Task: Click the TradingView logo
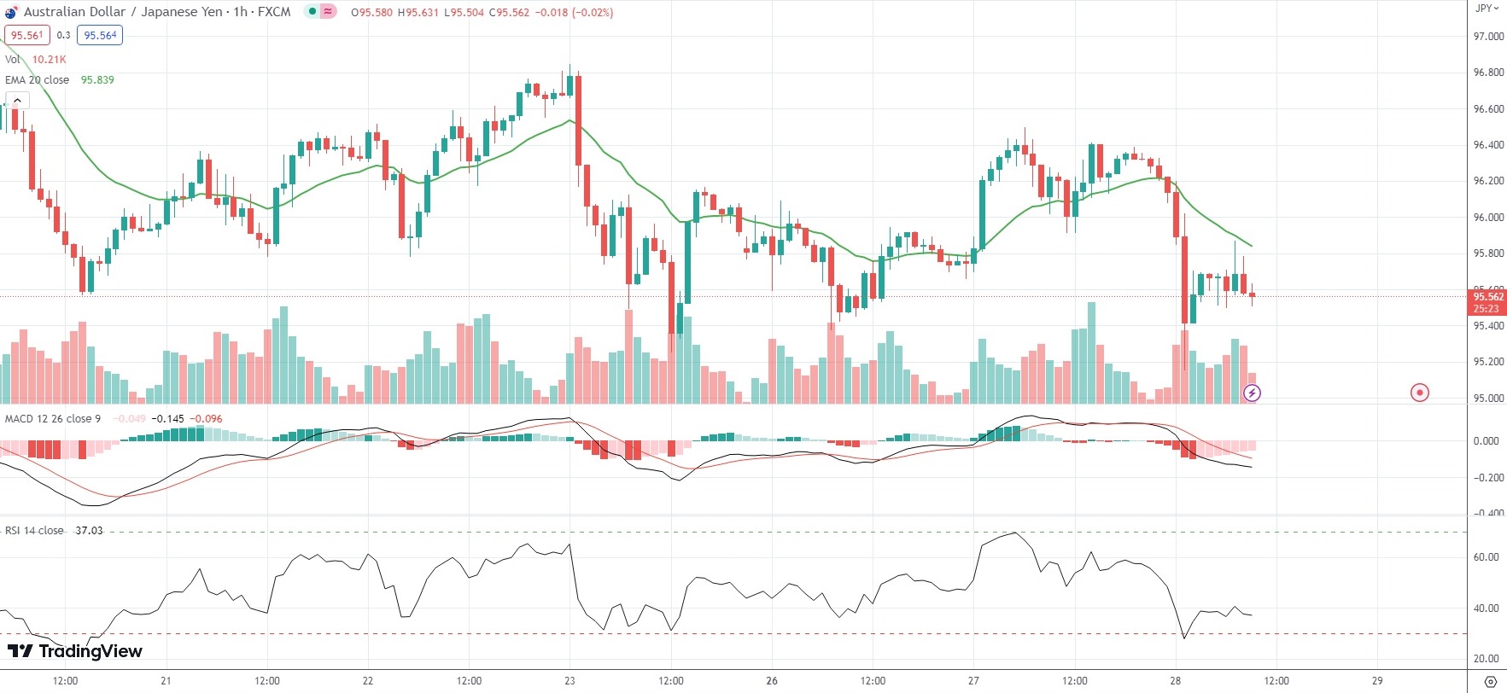pos(75,651)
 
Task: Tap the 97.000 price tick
pos(1488,37)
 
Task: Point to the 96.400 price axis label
pos(1488,145)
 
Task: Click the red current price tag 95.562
pos(1487,297)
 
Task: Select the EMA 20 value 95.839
pos(97,80)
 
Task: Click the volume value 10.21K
pos(49,60)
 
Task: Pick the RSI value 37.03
pos(89,531)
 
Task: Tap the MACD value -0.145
pos(167,419)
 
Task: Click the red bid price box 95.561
pos(26,36)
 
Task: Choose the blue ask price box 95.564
pos(100,36)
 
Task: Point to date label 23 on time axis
pos(570,681)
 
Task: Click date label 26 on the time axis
pos(772,681)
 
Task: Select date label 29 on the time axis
pos(1377,681)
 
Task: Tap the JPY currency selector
pos(1487,9)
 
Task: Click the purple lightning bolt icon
pos(1252,393)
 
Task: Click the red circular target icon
pos(1419,393)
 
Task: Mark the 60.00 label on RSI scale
pos(1487,557)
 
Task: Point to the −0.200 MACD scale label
pos(1487,478)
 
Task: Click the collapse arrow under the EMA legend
pos(17,101)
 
